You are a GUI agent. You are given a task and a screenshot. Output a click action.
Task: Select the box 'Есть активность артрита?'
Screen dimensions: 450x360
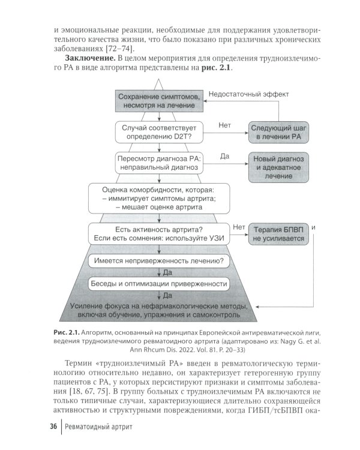159,233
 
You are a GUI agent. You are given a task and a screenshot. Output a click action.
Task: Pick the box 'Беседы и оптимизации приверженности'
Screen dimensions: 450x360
159,283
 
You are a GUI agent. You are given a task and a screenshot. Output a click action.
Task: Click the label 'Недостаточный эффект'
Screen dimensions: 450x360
248,94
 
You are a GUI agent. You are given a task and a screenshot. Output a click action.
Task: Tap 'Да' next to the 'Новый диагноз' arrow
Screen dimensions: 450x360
226,156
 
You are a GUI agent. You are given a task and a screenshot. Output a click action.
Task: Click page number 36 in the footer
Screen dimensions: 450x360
52,426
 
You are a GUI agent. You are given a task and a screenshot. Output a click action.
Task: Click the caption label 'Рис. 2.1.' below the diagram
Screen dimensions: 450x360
64,332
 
